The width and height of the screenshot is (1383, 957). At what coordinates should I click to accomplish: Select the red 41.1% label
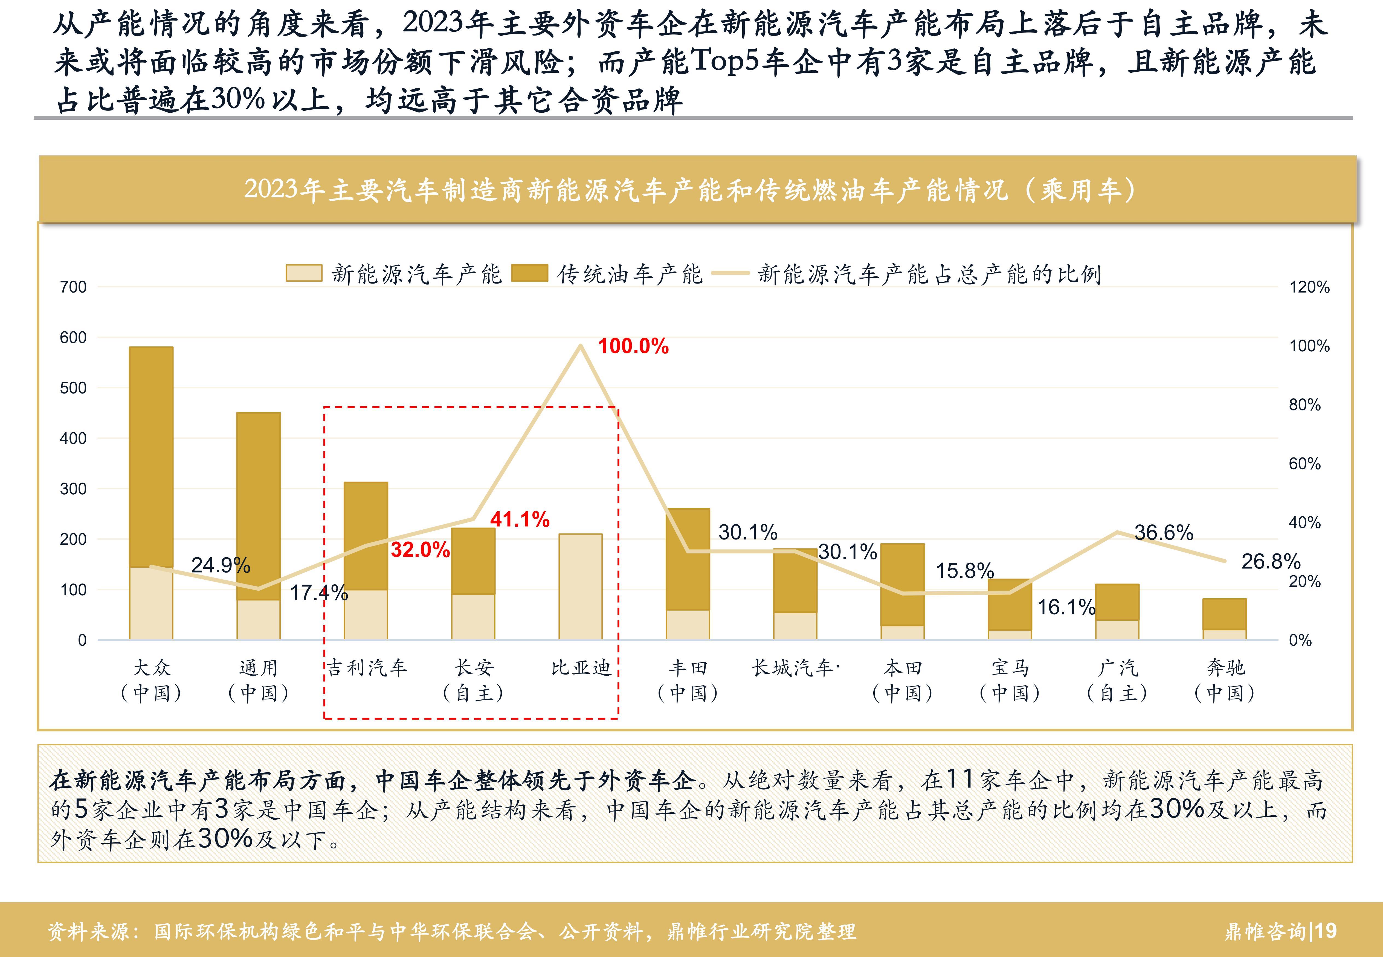tap(520, 519)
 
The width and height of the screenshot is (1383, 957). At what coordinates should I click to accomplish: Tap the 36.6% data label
tap(1163, 532)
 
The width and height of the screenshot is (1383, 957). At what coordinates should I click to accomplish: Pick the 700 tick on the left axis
tap(73, 287)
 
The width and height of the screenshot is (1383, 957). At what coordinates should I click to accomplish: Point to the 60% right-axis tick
tap(1304, 463)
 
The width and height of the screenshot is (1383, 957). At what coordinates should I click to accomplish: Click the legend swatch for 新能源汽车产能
tap(304, 273)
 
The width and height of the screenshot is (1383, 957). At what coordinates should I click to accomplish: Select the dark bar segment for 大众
tap(151, 456)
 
